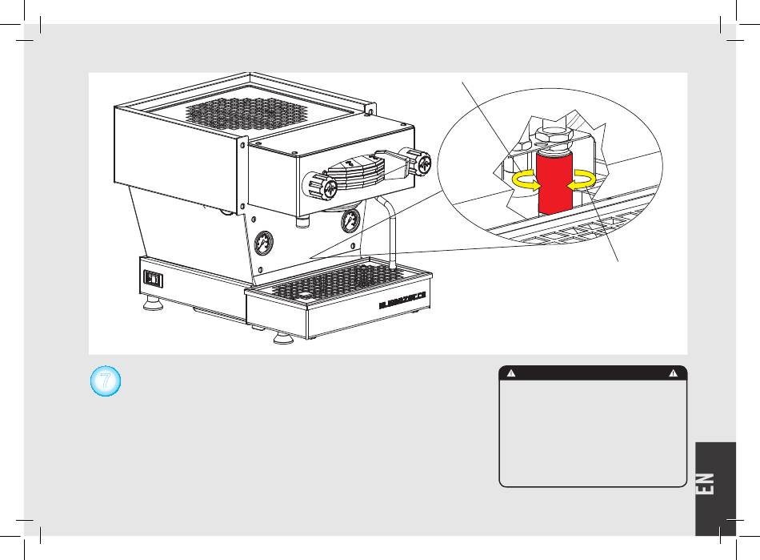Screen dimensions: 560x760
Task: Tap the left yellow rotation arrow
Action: (x=525, y=180)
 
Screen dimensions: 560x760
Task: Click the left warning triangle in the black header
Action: (x=510, y=373)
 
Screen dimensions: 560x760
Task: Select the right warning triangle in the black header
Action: (x=675, y=373)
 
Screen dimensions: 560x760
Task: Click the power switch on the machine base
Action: (x=152, y=279)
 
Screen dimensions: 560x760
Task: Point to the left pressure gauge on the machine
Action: (x=263, y=244)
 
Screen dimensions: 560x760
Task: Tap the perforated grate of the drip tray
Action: (x=339, y=280)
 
